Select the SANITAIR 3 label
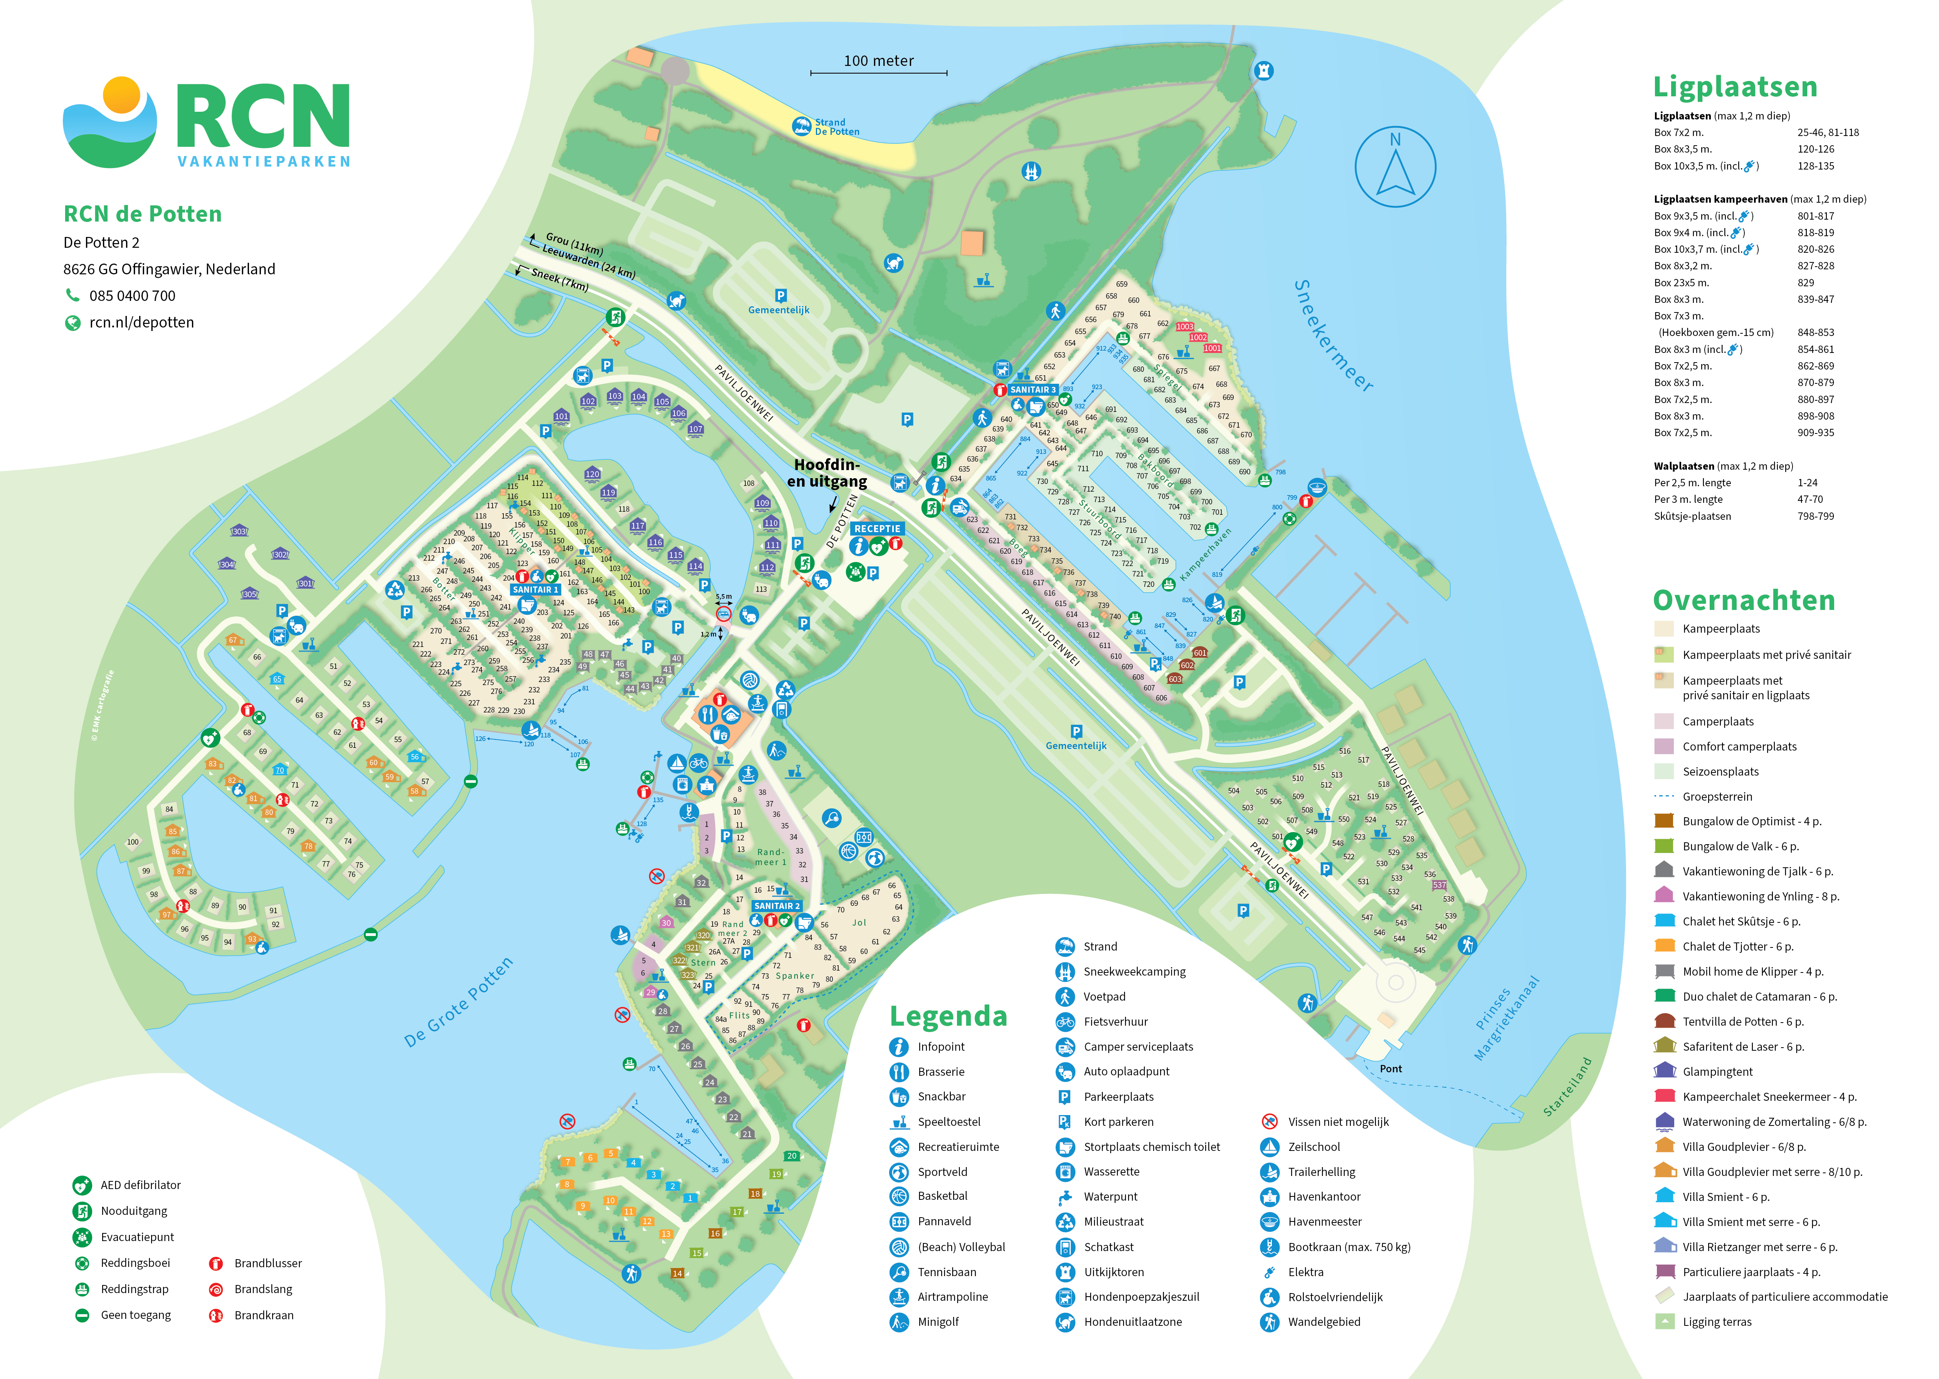pos(1033,390)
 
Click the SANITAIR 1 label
pos(535,589)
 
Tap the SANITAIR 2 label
pos(776,906)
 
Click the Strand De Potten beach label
pos(837,128)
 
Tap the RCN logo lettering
pos(263,116)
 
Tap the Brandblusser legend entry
pos(267,1263)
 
